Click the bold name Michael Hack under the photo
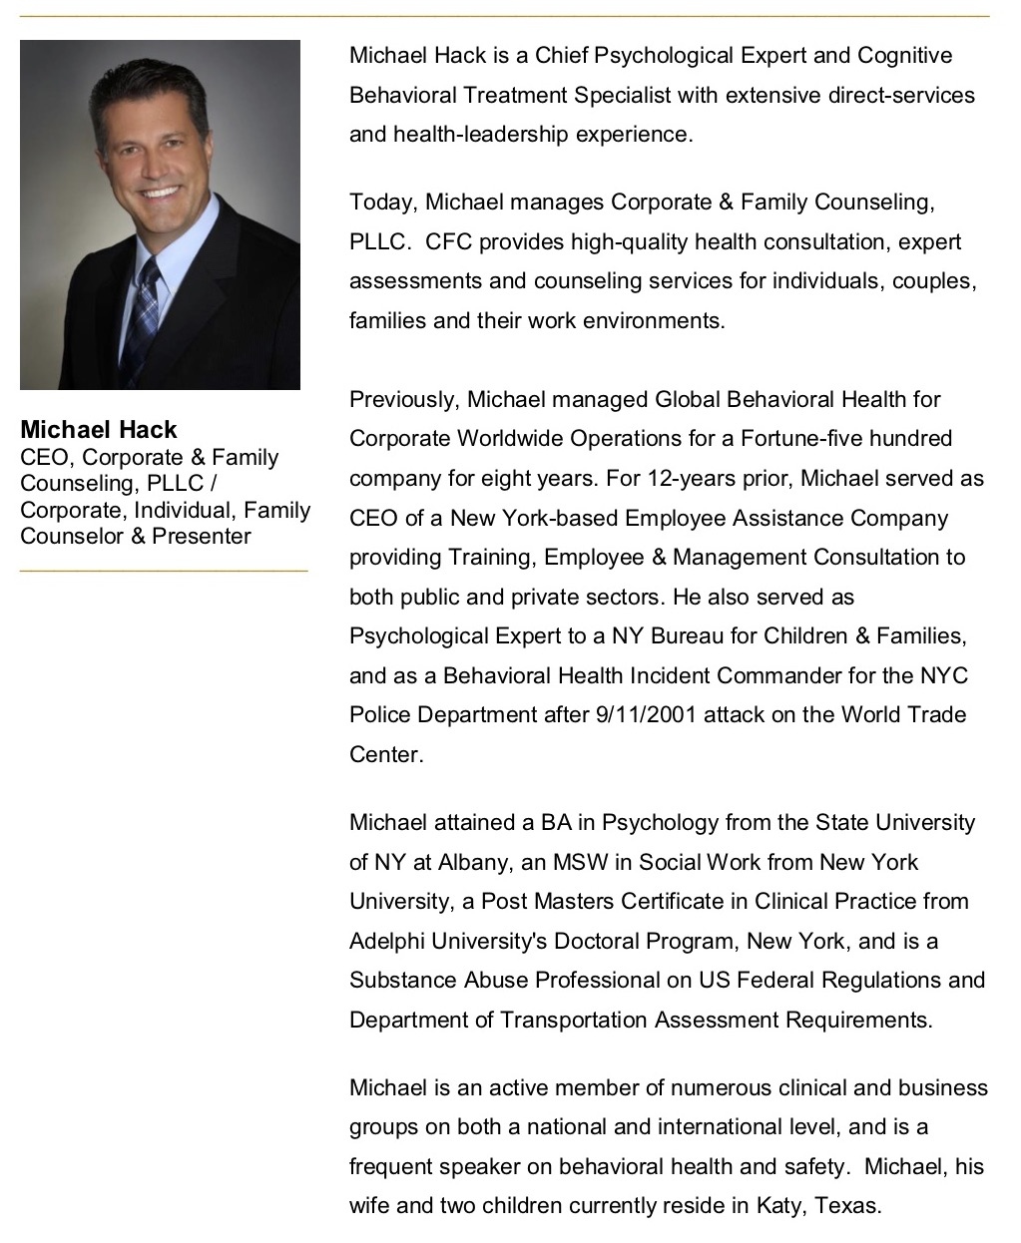[99, 430]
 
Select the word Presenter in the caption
[202, 536]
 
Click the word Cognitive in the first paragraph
[905, 55]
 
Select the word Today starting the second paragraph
[380, 203]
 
